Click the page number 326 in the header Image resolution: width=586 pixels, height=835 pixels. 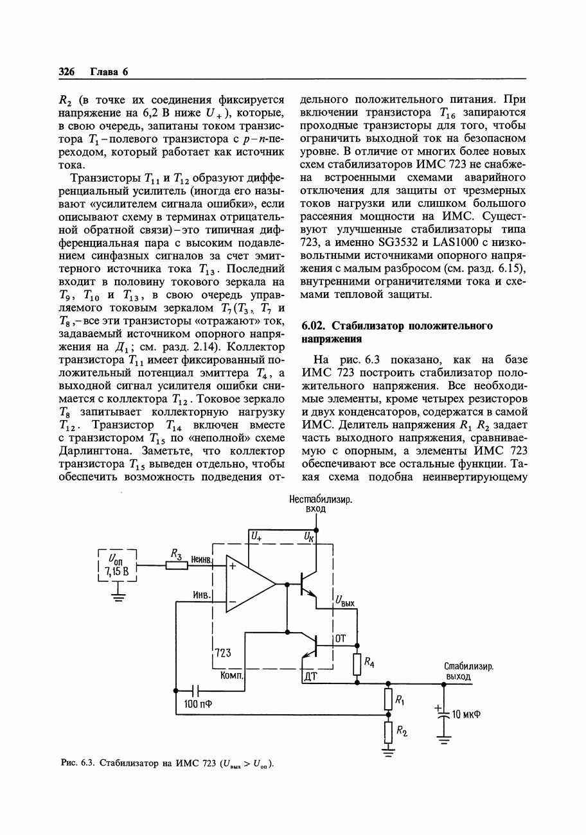pyautogui.click(x=67, y=71)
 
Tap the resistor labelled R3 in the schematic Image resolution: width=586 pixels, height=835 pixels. pyautogui.click(x=177, y=566)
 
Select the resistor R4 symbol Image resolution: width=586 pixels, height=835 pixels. pyautogui.click(x=357, y=664)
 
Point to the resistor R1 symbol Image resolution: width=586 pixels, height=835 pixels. pyautogui.click(x=387, y=698)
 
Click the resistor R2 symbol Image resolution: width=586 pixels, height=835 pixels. pyautogui.click(x=387, y=731)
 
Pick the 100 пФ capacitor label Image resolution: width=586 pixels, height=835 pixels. pyautogui.click(x=198, y=704)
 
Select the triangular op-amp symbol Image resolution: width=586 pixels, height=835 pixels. pyautogui.click(x=251, y=584)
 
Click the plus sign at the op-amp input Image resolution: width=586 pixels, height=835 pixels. pyautogui.click(x=232, y=567)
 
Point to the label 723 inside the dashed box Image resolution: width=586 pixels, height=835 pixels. pyautogui.click(x=223, y=653)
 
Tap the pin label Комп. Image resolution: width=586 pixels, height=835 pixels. pyautogui.click(x=231, y=676)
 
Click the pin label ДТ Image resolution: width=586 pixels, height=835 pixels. pyautogui.click(x=310, y=676)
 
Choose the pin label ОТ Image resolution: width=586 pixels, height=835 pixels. pyautogui.click(x=341, y=638)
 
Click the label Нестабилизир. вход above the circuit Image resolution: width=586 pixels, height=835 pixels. pyautogui.click(x=315, y=504)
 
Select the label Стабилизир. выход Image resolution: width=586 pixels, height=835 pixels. pyautogui.click(x=468, y=671)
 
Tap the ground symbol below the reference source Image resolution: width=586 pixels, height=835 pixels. pyautogui.click(x=118, y=597)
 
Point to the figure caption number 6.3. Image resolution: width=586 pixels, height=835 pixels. pyautogui.click(x=89, y=763)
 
